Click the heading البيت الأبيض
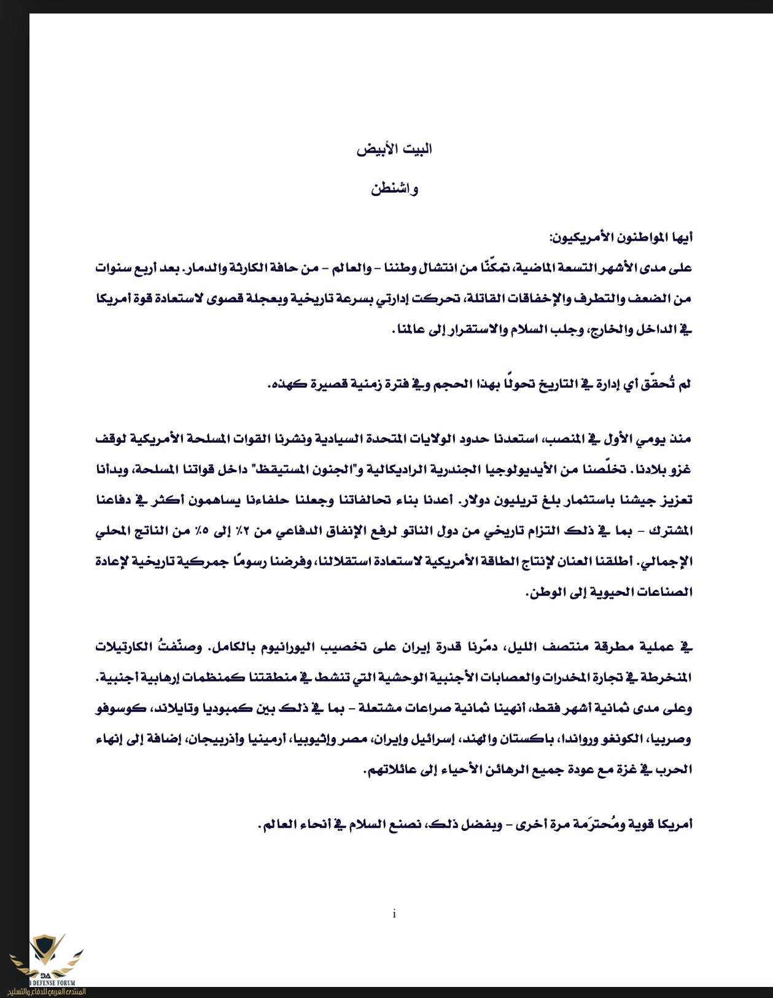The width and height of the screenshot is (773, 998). tap(394, 149)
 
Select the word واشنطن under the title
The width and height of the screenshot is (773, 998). tap(394, 189)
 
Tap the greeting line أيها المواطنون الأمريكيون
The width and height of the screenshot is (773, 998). tap(621, 237)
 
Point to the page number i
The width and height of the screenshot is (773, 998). tap(394, 914)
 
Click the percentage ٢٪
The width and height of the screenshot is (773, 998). tap(275, 531)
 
